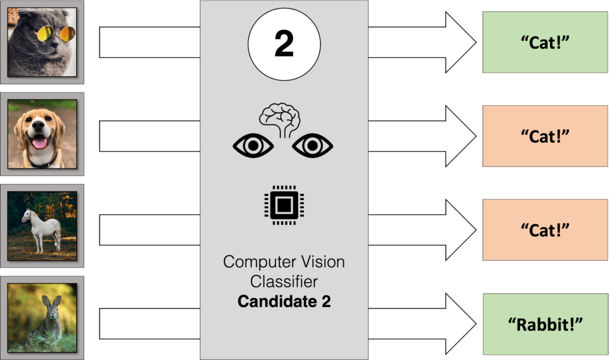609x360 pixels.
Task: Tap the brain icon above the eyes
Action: click(x=283, y=117)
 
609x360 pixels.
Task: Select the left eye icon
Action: click(x=253, y=146)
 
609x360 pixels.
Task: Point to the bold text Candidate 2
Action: click(x=284, y=302)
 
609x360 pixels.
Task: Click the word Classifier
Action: click(x=284, y=281)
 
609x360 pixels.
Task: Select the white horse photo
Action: click(x=42, y=226)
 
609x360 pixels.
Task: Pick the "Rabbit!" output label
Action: click(x=545, y=324)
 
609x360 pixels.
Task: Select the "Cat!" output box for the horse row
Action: click(x=545, y=230)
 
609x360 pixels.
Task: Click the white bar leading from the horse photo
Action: click(x=149, y=230)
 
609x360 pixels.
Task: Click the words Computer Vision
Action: click(x=284, y=262)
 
